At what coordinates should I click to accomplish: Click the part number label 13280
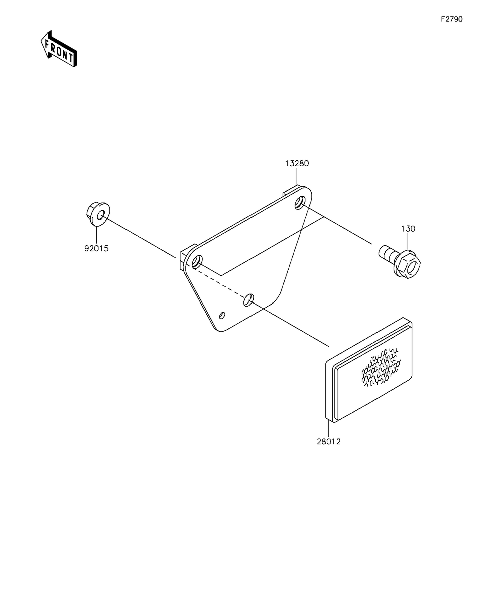point(297,164)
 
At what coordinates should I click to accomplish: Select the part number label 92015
point(96,249)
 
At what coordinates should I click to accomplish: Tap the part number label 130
point(408,229)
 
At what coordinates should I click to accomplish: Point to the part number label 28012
point(329,442)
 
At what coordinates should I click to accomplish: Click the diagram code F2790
point(451,19)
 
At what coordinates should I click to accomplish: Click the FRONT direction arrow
point(59,49)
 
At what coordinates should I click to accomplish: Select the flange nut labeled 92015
point(98,215)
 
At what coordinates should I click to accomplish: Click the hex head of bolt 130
point(408,264)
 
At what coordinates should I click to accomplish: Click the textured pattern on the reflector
point(381,367)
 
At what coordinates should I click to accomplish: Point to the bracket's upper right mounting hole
point(300,203)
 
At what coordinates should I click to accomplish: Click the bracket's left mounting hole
point(197,262)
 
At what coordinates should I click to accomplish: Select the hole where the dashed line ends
point(248,300)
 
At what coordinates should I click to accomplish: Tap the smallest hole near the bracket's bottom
point(222,315)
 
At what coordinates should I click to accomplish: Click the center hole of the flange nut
point(100,215)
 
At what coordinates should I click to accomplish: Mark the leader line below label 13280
point(297,177)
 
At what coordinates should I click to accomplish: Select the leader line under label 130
point(408,242)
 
